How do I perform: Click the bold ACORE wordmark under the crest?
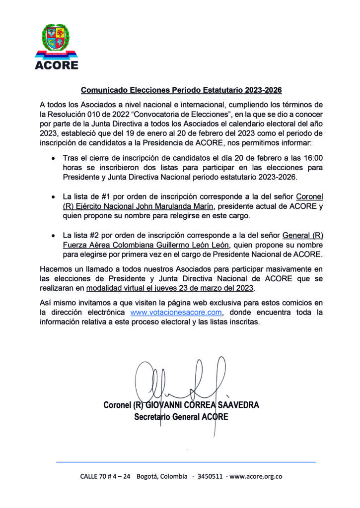[56, 64]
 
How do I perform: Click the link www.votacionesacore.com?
[175, 312]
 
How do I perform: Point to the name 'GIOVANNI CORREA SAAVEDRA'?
[202, 405]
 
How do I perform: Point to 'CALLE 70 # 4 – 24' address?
[105, 477]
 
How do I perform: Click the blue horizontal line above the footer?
[186, 462]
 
